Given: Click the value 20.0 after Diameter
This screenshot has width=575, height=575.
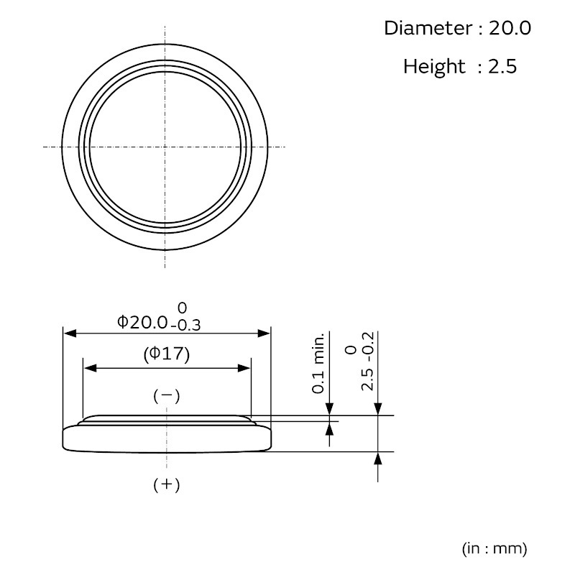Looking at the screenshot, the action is [510, 28].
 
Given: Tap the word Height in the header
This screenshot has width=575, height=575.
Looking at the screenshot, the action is [435, 67].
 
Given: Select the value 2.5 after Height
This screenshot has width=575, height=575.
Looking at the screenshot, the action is [502, 67].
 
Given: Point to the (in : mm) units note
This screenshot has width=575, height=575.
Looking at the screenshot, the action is [494, 548].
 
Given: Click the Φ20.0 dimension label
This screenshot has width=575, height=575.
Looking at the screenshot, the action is [142, 322].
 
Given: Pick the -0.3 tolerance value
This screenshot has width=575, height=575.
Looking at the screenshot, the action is [185, 326].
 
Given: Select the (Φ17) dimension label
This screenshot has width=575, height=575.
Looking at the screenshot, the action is [167, 354].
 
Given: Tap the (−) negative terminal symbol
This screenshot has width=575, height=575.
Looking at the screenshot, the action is [167, 396].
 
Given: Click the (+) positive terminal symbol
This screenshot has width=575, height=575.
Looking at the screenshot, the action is [167, 484].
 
